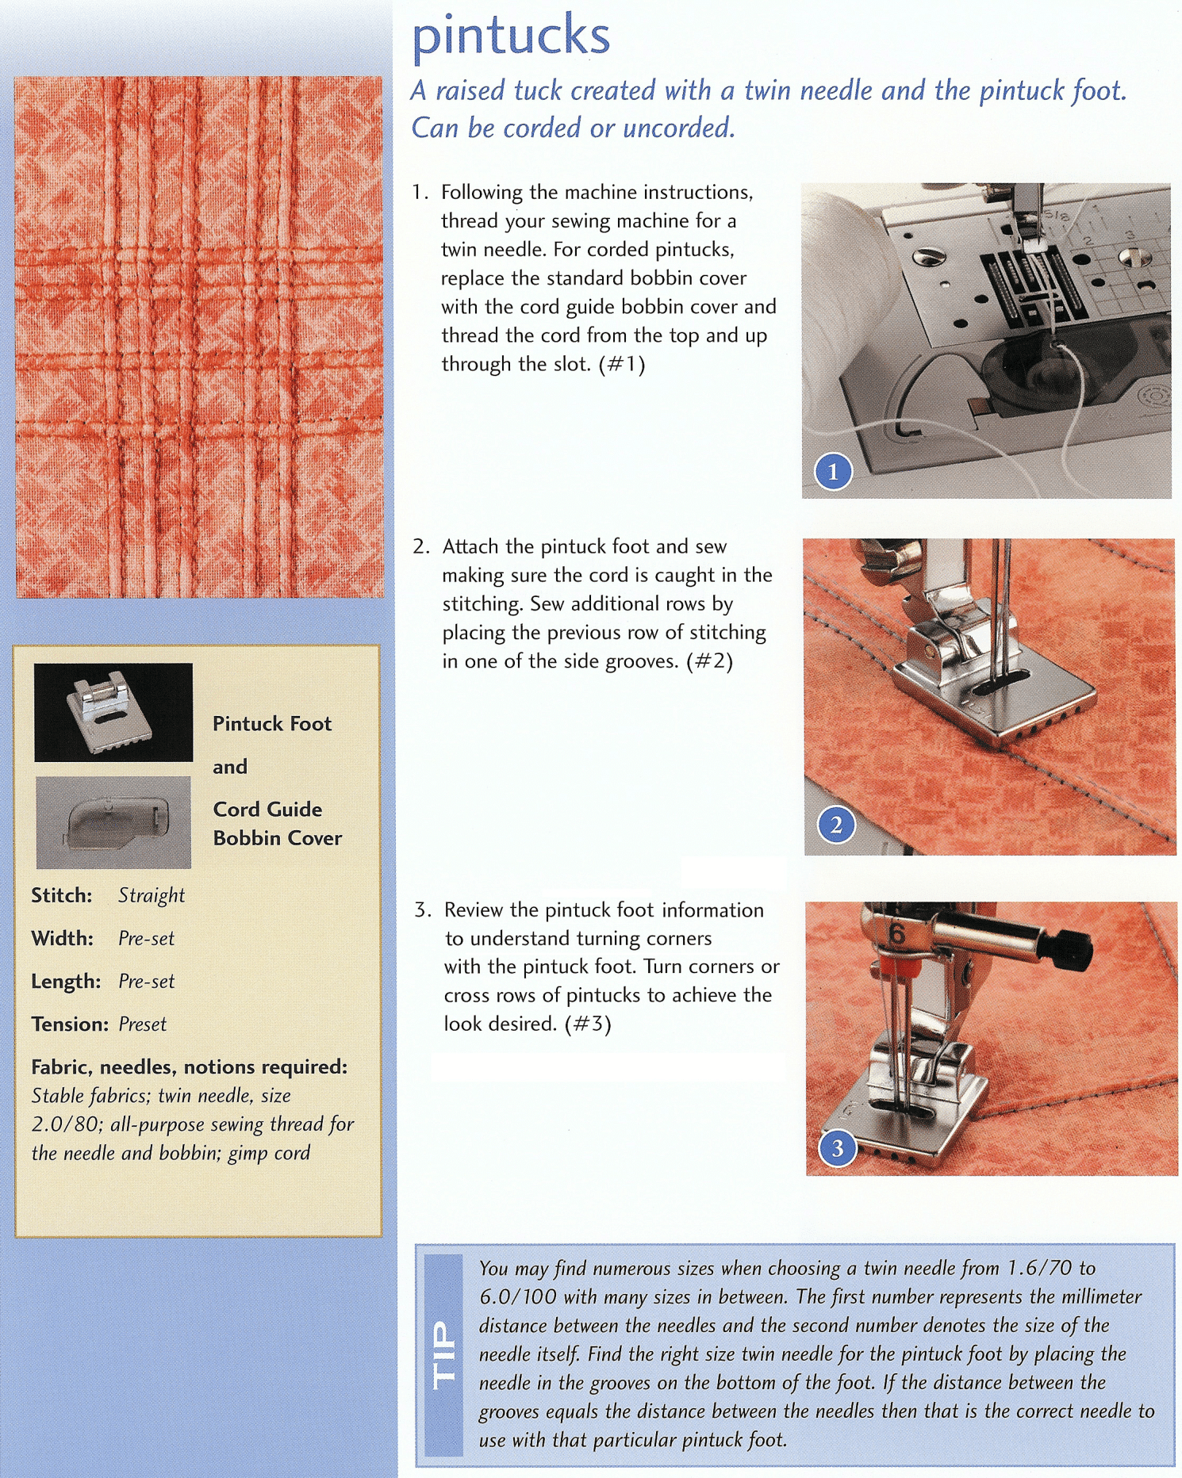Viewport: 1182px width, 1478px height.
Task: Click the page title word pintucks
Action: pos(511,36)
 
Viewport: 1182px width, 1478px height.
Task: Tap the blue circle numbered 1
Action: pos(833,473)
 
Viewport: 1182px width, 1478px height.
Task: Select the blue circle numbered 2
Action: pos(835,825)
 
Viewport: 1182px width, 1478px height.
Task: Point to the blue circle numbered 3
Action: pos(837,1148)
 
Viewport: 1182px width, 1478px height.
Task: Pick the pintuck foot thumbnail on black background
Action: pos(113,712)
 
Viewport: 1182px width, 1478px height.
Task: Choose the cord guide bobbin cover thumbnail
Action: pos(113,822)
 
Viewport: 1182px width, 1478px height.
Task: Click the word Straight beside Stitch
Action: pos(151,895)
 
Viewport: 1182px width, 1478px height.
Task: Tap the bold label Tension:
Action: pos(70,1024)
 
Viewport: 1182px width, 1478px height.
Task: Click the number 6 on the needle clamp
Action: pos(897,934)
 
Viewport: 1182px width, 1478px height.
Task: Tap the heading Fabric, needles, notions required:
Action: pos(189,1067)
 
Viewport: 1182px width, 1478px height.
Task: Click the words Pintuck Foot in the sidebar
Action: pos(272,724)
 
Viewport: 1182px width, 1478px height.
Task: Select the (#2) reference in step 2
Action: pos(709,661)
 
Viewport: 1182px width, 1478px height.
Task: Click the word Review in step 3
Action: pos(474,910)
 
